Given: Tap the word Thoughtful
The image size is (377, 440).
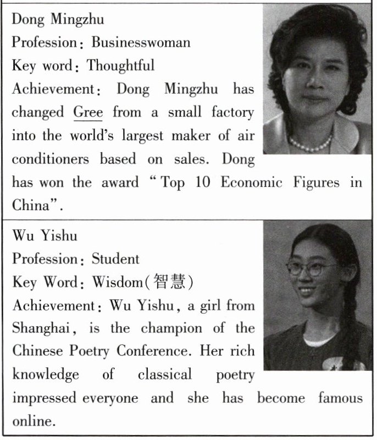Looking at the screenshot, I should click(121, 65).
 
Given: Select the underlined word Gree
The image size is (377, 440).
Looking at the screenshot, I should click(88, 112).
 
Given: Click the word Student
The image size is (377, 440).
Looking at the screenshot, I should click(115, 258).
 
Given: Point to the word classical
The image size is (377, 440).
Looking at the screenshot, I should click(165, 375).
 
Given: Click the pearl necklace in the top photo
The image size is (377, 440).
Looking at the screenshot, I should click(310, 144).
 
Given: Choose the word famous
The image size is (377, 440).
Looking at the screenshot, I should click(340, 398).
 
